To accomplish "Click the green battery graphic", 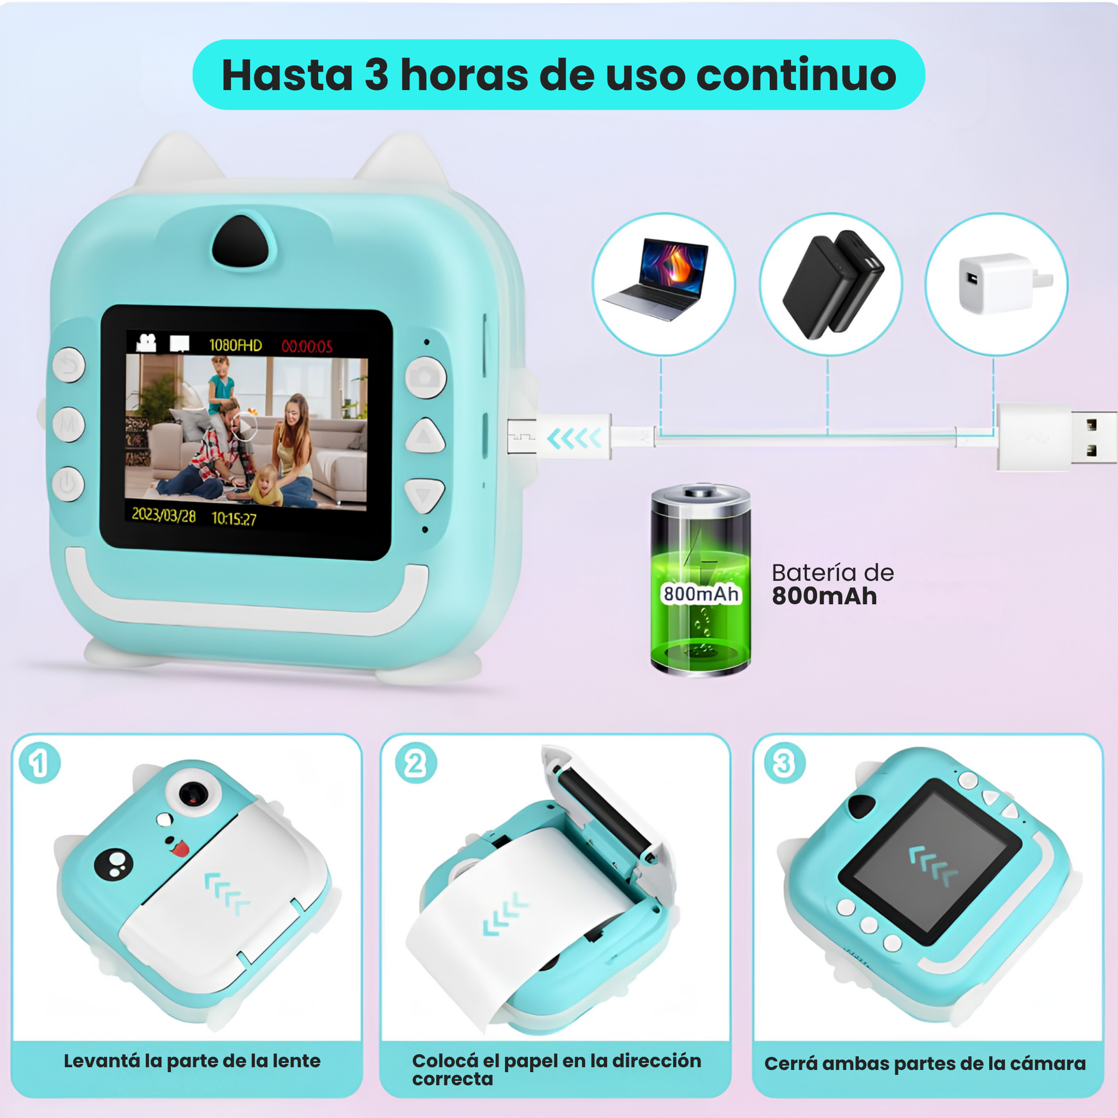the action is click(700, 580).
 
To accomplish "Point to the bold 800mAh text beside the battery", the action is click(824, 596).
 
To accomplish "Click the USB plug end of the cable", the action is click(1057, 437).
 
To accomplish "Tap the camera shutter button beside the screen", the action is click(425, 377).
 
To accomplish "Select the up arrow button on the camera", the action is click(425, 435).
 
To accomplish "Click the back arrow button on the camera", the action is click(69, 365).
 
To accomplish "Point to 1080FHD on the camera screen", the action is click(236, 345).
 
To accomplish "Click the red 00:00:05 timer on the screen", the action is click(307, 346).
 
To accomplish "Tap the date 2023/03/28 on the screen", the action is click(164, 514).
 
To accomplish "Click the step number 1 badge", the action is click(39, 764).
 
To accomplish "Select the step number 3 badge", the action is click(784, 764).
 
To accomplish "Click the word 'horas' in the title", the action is click(464, 75).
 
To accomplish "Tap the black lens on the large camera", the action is click(244, 241).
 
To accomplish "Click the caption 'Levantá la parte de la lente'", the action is click(192, 1060).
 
